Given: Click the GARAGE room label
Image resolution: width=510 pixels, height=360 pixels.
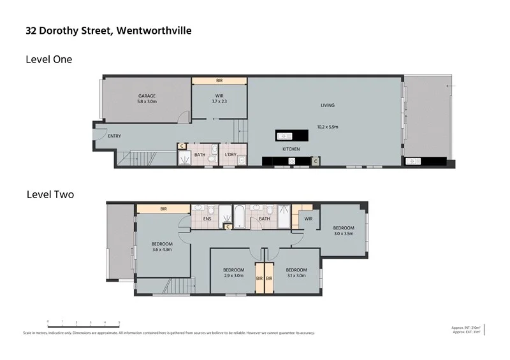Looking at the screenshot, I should pos(147,96).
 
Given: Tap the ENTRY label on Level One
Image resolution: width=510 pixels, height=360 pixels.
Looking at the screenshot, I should pos(115,136).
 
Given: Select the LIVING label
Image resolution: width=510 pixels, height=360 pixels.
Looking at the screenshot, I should pos(328,105).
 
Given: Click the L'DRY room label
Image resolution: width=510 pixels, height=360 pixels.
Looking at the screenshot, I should pos(230,154).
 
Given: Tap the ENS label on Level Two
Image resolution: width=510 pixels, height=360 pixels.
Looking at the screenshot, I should pos(207,219).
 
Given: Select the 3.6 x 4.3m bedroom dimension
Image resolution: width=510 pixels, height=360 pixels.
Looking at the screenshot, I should pos(161,249).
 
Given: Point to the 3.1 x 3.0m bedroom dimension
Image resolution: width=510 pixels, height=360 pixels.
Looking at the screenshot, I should pos(296,276).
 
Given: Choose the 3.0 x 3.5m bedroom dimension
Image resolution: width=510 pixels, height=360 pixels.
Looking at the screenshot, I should pos(344,234).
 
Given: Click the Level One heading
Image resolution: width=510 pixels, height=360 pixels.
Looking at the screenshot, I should pos(48,59).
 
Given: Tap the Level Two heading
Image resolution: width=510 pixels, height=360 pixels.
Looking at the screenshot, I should pos(50,194).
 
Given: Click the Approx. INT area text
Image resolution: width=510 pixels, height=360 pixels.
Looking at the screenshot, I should pos(465,327).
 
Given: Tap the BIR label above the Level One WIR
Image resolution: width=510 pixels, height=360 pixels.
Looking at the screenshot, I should pos(219,81).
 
